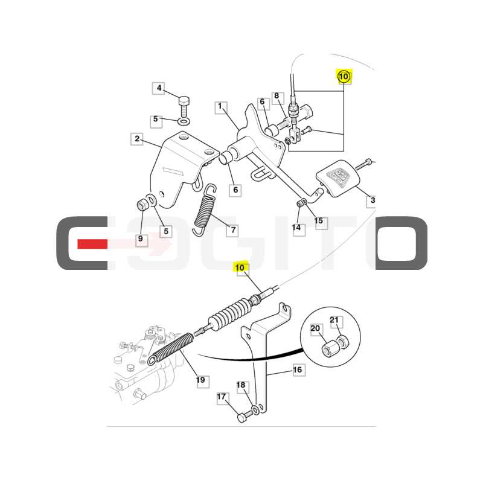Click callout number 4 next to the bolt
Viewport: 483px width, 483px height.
pyautogui.click(x=159, y=88)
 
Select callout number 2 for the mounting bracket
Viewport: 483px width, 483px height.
pyautogui.click(x=137, y=139)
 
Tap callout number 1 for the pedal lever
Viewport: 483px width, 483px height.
pyautogui.click(x=220, y=107)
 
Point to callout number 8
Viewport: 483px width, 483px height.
pyautogui.click(x=277, y=97)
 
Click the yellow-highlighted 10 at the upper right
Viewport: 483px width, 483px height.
pyautogui.click(x=344, y=77)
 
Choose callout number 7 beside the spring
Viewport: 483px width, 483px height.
pyautogui.click(x=232, y=230)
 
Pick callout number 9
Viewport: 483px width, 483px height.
pyautogui.click(x=141, y=239)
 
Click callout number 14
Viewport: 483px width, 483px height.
pyautogui.click(x=296, y=228)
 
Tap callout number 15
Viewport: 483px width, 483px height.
pyautogui.click(x=319, y=221)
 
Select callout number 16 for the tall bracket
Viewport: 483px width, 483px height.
pyautogui.click(x=298, y=369)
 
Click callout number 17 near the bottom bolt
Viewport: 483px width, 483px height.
pyautogui.click(x=222, y=397)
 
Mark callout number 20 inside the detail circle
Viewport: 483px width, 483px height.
pyautogui.click(x=315, y=328)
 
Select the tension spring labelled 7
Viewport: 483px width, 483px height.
pyautogui.click(x=204, y=210)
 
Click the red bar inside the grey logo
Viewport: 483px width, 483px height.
pyautogui.click(x=92, y=245)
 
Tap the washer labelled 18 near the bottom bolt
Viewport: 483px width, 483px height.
pyautogui.click(x=255, y=410)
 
